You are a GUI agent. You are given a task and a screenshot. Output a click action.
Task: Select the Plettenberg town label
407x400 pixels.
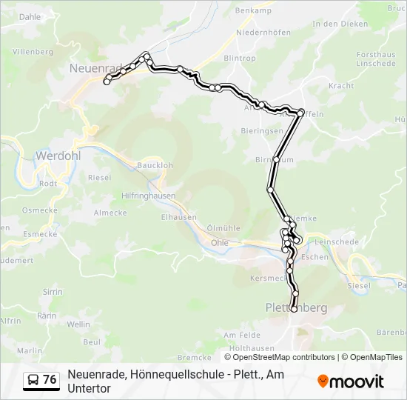[296, 307]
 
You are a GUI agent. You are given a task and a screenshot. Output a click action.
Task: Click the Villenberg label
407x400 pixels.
[32, 53]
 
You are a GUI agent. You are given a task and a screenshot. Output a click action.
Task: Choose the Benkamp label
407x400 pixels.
[253, 10]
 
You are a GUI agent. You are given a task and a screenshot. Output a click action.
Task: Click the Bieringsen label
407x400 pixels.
[262, 130]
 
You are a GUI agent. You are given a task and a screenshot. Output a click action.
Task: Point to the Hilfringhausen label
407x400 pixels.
[149, 196]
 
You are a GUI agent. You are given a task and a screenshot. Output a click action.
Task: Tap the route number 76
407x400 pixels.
[50, 380]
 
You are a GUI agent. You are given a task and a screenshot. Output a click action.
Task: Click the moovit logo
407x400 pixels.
[351, 381]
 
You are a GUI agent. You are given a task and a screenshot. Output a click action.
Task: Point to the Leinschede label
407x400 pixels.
[337, 242]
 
